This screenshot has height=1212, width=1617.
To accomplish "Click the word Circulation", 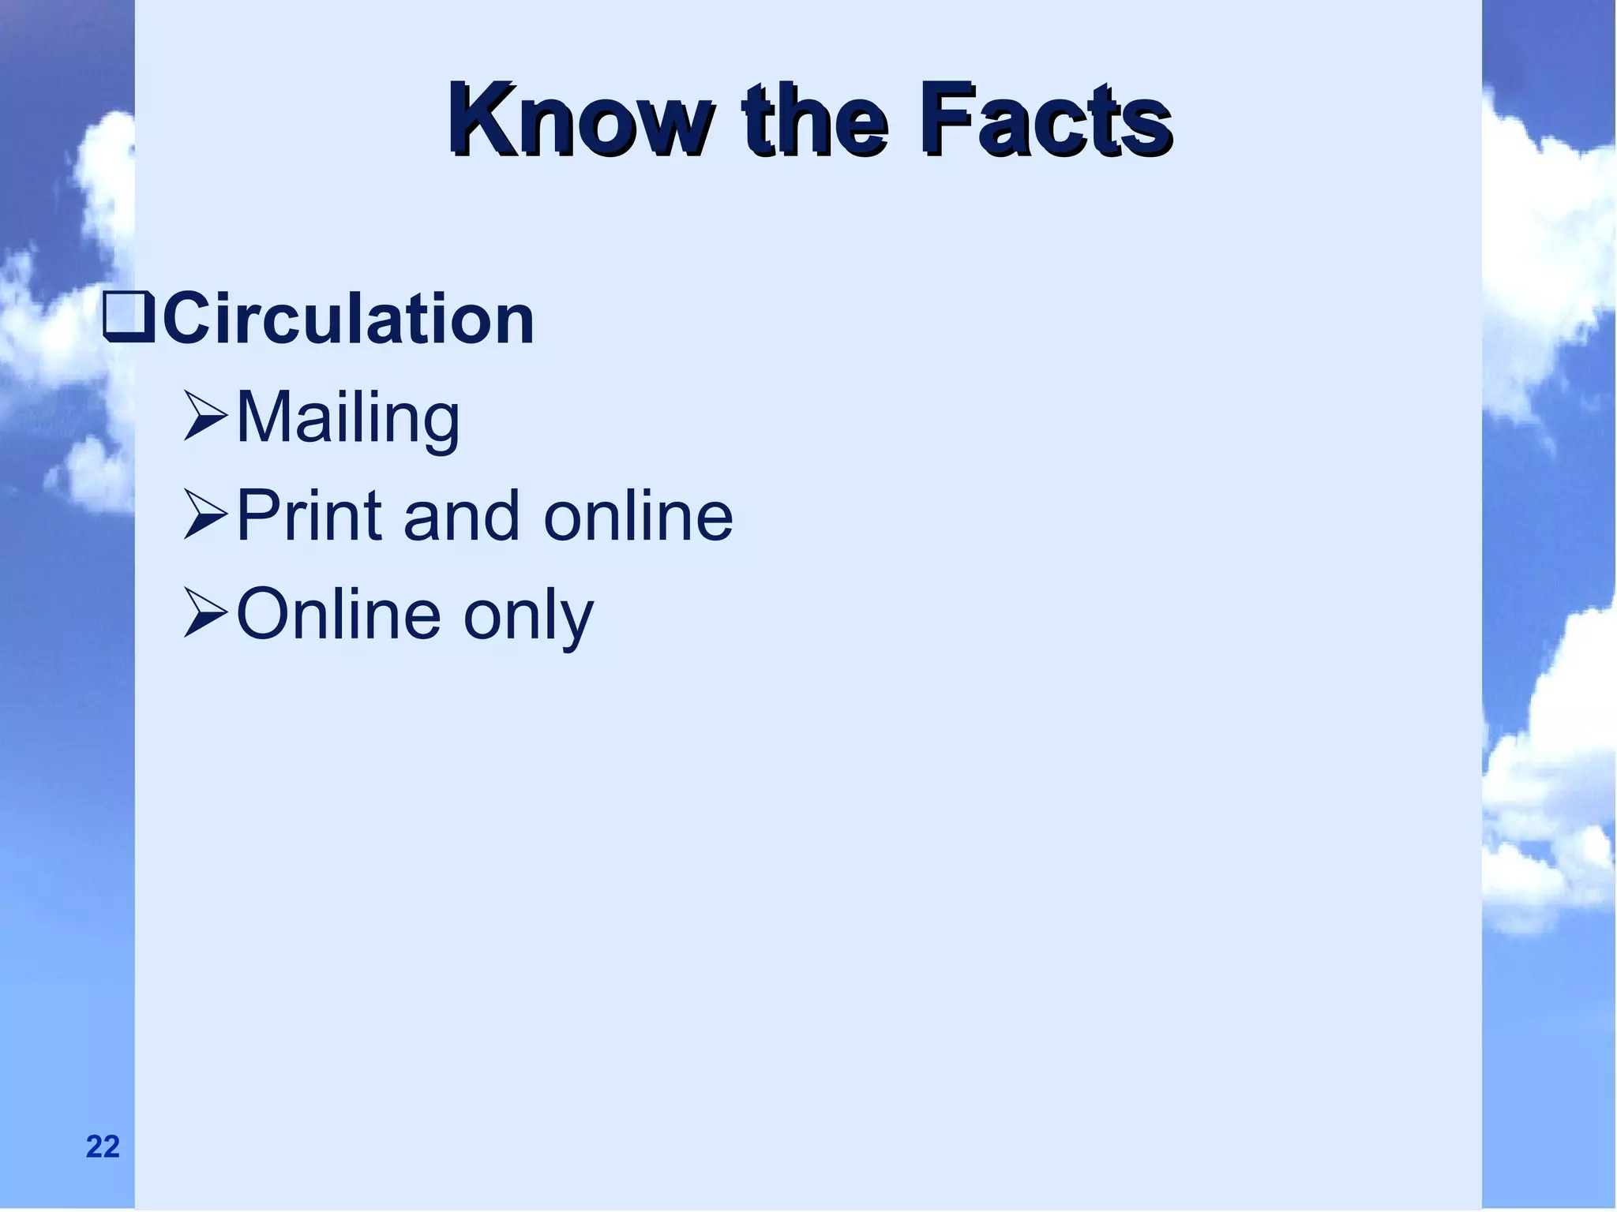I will coord(348,320).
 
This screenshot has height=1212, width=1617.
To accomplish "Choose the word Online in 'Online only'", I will coord(338,615).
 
